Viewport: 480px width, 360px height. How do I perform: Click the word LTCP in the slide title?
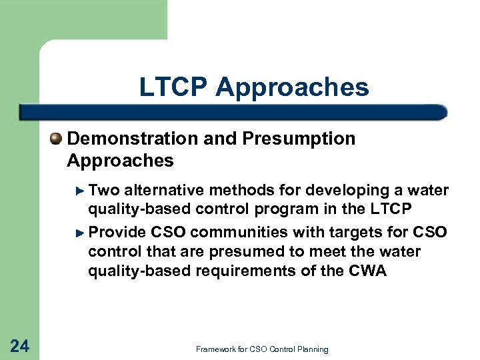pyautogui.click(x=173, y=87)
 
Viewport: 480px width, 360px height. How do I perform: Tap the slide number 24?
pyautogui.click(x=20, y=345)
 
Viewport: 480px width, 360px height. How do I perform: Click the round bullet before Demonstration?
pyautogui.click(x=57, y=138)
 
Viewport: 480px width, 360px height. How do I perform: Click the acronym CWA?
pyautogui.click(x=367, y=271)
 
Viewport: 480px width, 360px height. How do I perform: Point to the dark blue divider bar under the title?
pyautogui.click(x=233, y=112)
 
